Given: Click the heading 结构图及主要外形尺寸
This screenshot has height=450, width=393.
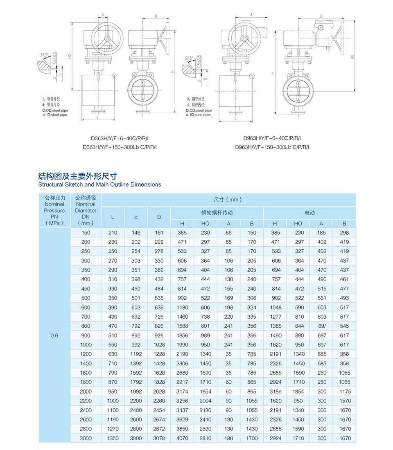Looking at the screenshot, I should click(77, 176).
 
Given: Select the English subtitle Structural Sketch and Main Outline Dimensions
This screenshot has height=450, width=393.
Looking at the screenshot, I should click(99, 184).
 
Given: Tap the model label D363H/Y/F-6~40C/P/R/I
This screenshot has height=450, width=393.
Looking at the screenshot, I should click(120, 138).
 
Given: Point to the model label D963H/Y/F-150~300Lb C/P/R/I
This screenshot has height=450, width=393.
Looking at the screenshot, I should click(272, 147).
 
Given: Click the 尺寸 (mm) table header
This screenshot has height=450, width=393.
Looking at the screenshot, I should click(228, 200).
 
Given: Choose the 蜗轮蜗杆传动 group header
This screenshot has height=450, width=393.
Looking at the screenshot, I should click(217, 213).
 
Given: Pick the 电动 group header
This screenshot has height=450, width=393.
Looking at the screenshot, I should click(309, 213).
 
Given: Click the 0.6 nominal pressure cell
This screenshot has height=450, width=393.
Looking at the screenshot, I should click(54, 335).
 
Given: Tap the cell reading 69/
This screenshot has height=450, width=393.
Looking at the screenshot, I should click(322, 326).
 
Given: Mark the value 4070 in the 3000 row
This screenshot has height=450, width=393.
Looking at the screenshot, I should click(182, 438).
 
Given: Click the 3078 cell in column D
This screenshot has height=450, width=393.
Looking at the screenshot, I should click(159, 438).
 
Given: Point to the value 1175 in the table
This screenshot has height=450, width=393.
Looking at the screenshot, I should click(345, 391).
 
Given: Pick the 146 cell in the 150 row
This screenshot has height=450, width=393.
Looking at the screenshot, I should click(136, 233).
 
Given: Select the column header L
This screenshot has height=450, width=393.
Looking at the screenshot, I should click(113, 217).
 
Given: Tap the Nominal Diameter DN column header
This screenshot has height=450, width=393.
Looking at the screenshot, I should click(86, 210).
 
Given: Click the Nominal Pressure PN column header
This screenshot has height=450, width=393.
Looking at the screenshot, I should click(54, 210).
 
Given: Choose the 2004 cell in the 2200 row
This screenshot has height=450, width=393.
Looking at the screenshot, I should click(205, 401).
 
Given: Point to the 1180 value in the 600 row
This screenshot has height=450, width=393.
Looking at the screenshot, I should click(182, 307).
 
